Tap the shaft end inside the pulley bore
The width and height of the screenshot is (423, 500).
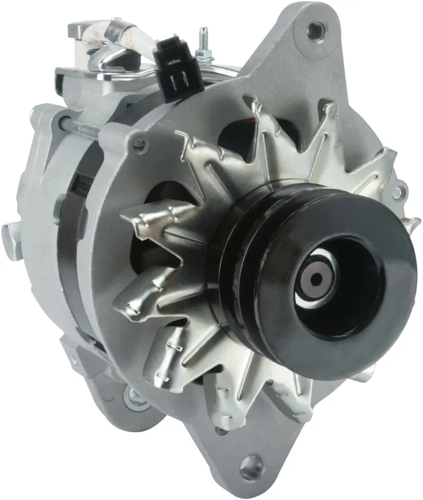point(317,279)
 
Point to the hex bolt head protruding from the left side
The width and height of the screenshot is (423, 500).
point(11,239)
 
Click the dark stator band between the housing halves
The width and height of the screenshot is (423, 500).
point(68,254)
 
